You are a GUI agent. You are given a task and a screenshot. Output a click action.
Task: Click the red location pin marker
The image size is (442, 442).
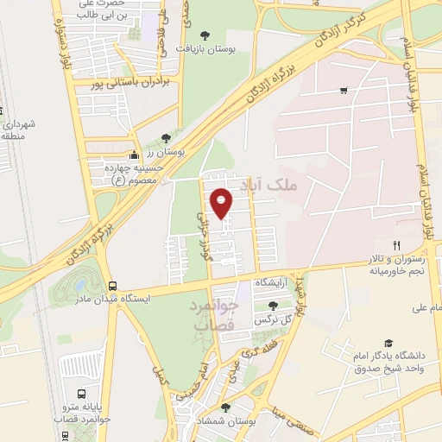[222, 202]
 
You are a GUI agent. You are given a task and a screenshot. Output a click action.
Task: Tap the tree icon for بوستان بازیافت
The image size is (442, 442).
[205, 35]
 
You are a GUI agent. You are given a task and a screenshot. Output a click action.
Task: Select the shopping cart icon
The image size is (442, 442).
[344, 90]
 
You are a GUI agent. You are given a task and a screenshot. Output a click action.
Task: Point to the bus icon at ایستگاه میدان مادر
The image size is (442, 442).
[112, 286]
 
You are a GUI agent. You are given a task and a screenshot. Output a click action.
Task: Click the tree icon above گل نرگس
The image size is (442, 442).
[273, 306]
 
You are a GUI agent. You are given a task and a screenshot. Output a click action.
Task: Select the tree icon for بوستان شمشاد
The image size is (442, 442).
[225, 407]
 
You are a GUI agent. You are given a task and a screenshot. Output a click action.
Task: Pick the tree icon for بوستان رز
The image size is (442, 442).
[166, 137]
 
